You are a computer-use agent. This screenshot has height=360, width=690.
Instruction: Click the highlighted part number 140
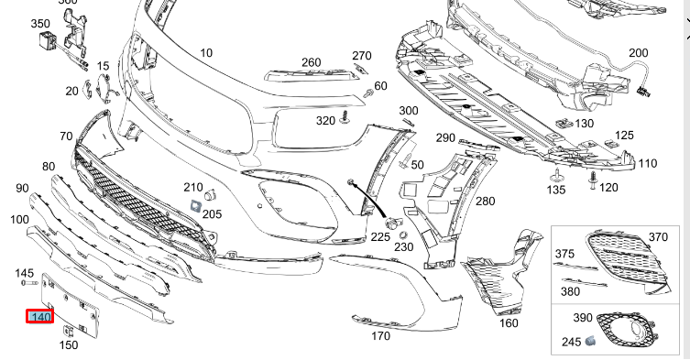[x=40, y=317]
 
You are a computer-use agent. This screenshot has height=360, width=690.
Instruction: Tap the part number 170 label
[x=381, y=335]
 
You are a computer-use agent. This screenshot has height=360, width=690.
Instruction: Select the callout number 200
[x=638, y=54]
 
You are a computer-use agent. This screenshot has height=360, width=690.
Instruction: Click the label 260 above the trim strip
[x=312, y=62]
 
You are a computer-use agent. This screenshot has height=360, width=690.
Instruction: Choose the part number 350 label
[x=40, y=24]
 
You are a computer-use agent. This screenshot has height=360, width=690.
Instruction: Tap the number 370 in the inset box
[x=658, y=237]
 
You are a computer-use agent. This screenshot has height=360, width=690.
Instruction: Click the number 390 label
[x=583, y=317]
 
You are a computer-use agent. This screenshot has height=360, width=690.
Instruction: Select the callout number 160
[x=509, y=322]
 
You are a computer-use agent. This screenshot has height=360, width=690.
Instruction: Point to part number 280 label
[x=485, y=201]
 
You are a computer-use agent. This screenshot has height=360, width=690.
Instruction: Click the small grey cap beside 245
[x=592, y=341]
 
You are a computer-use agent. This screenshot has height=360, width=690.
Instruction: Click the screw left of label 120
[x=593, y=176]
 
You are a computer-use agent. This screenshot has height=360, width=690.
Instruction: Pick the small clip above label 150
[x=68, y=331]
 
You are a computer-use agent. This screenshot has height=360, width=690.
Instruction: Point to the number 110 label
[x=648, y=163]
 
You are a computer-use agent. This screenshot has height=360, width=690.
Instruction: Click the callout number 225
[x=380, y=235]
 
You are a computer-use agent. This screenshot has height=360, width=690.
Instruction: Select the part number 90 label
[x=21, y=188]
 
